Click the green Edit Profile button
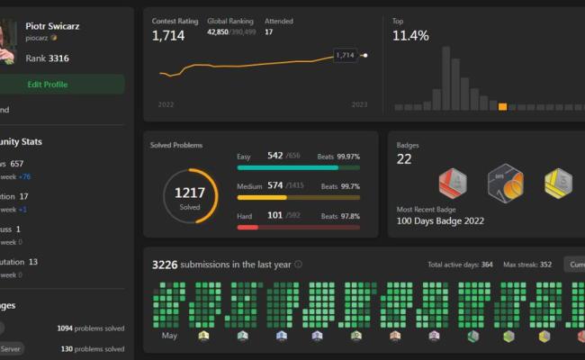point(48,85)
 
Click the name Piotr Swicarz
point(53,26)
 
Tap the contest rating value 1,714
point(167,36)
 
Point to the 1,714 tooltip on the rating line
point(345,55)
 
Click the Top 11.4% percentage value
point(410,36)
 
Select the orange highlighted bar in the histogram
point(502,106)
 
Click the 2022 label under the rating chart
point(166,105)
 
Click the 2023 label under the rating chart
point(359,105)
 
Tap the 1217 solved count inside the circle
point(190,193)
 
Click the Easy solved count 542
point(274,156)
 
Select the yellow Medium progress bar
point(262,197)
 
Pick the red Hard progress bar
point(247,227)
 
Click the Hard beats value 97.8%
point(349,216)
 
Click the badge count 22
point(404,159)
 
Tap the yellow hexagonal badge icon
point(558,184)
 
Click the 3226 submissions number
point(165,265)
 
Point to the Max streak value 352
point(545,265)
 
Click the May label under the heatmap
point(169,336)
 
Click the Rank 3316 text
point(47,58)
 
